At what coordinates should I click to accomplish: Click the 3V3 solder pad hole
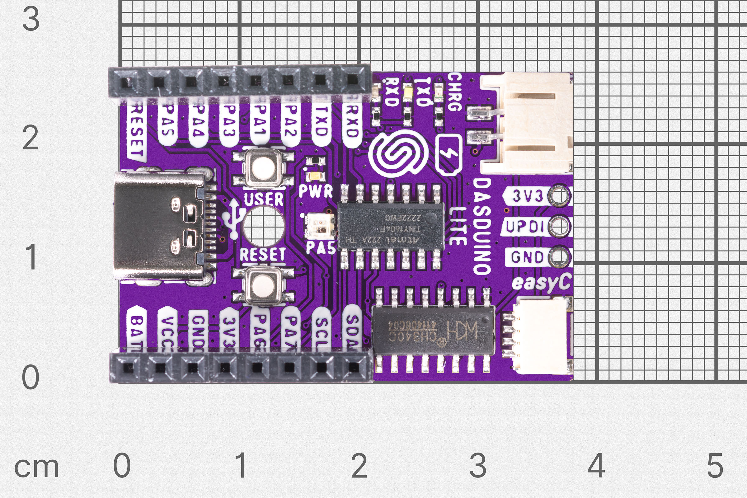click(x=560, y=196)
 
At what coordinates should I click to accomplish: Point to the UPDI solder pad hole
click(x=560, y=226)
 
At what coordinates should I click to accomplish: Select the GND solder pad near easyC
click(x=560, y=256)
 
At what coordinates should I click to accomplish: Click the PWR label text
click(x=316, y=191)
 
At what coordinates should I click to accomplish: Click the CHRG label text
click(x=454, y=92)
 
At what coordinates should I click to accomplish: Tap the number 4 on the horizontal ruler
click(x=596, y=466)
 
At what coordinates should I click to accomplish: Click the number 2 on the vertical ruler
click(x=31, y=138)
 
